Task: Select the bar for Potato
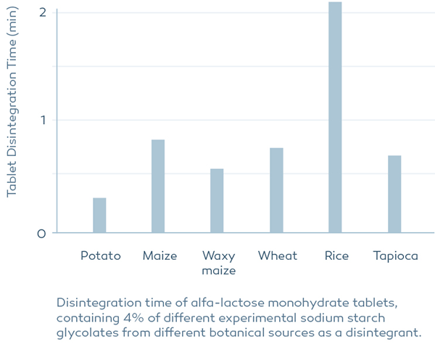(x=99, y=216)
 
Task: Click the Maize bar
(x=158, y=187)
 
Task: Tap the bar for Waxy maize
(x=217, y=201)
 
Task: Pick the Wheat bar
(x=276, y=190)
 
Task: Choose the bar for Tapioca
(x=394, y=195)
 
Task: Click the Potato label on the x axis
(x=100, y=256)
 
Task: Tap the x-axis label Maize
(x=159, y=256)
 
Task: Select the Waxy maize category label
(x=218, y=263)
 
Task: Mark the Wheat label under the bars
(x=278, y=256)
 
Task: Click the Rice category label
(x=336, y=256)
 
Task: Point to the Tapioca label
(x=395, y=256)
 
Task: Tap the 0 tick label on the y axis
(x=43, y=234)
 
